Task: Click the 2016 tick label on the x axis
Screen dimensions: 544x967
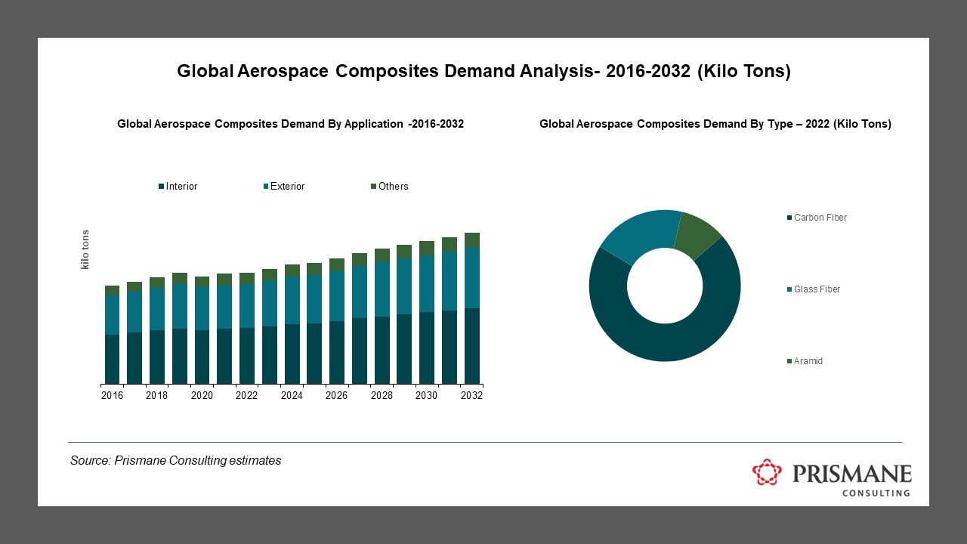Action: [113, 396]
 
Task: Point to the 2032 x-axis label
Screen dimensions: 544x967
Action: [471, 396]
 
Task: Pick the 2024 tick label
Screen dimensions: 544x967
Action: [292, 396]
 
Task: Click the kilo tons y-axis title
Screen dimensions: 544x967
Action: [85, 249]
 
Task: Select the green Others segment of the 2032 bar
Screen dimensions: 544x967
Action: [472, 240]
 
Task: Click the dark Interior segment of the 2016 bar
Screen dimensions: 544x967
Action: [113, 359]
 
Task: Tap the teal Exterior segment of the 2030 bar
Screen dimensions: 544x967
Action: [427, 283]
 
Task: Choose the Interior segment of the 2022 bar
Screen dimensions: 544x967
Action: [247, 355]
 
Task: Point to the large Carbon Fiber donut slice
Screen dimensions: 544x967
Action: [665, 340]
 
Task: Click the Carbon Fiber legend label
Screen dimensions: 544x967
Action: [820, 218]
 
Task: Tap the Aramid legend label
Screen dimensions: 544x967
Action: [808, 361]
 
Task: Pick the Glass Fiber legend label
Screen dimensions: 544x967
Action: [817, 289]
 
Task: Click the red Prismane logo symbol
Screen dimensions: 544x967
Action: [768, 472]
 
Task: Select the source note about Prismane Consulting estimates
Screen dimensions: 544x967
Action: [175, 460]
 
